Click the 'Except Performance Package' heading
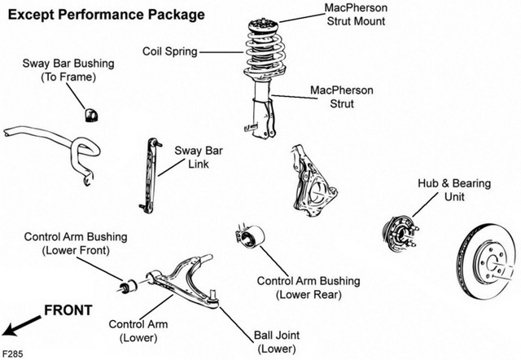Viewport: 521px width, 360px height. tap(106, 15)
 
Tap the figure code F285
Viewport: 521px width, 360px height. tap(13, 353)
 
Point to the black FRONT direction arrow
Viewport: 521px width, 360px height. tap(20, 326)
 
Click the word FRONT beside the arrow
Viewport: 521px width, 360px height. tap(68, 310)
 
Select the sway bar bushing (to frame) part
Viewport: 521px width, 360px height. tap(90, 115)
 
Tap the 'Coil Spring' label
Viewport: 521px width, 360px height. tap(170, 51)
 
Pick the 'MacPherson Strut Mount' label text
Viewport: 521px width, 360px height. tap(356, 15)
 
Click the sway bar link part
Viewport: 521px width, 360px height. tap(150, 175)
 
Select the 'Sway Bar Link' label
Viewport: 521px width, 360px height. tap(199, 157)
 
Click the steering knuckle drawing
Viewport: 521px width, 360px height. tap(313, 181)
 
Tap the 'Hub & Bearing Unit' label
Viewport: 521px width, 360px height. tap(454, 190)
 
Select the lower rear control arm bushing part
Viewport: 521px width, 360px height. tap(250, 236)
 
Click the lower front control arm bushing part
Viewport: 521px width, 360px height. tap(129, 286)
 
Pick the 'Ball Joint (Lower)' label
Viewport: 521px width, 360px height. tap(277, 342)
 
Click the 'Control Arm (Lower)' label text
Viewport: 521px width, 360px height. tap(138, 331)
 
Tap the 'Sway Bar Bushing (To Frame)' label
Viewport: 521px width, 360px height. tap(68, 70)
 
